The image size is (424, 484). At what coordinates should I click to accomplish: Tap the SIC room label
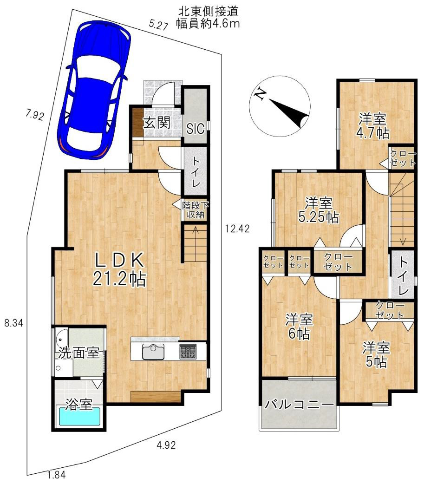pos(195,129)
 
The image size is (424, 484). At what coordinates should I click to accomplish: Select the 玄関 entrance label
pos(157,123)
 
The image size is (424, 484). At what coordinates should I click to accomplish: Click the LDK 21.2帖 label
pos(119,269)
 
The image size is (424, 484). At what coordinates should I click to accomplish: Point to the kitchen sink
pos(153,351)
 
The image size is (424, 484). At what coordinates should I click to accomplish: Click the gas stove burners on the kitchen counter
pos(188,351)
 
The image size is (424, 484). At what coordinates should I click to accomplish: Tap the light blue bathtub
pos(79,416)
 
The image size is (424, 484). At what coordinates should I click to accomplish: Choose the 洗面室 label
pos(79,353)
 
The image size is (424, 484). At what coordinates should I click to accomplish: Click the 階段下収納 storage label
pos(196,210)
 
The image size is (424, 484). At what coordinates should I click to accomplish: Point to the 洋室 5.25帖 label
pos(319,210)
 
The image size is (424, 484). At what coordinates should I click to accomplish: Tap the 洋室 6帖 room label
pos(300,327)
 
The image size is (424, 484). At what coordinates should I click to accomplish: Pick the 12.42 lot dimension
pos(237,229)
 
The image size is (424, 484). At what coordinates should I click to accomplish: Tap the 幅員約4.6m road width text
pos(208,24)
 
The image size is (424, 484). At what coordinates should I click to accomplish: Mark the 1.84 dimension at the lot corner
pos(57,474)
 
